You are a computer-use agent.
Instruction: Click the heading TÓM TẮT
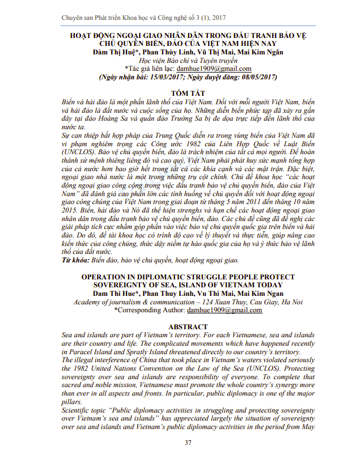pos(180,92)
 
